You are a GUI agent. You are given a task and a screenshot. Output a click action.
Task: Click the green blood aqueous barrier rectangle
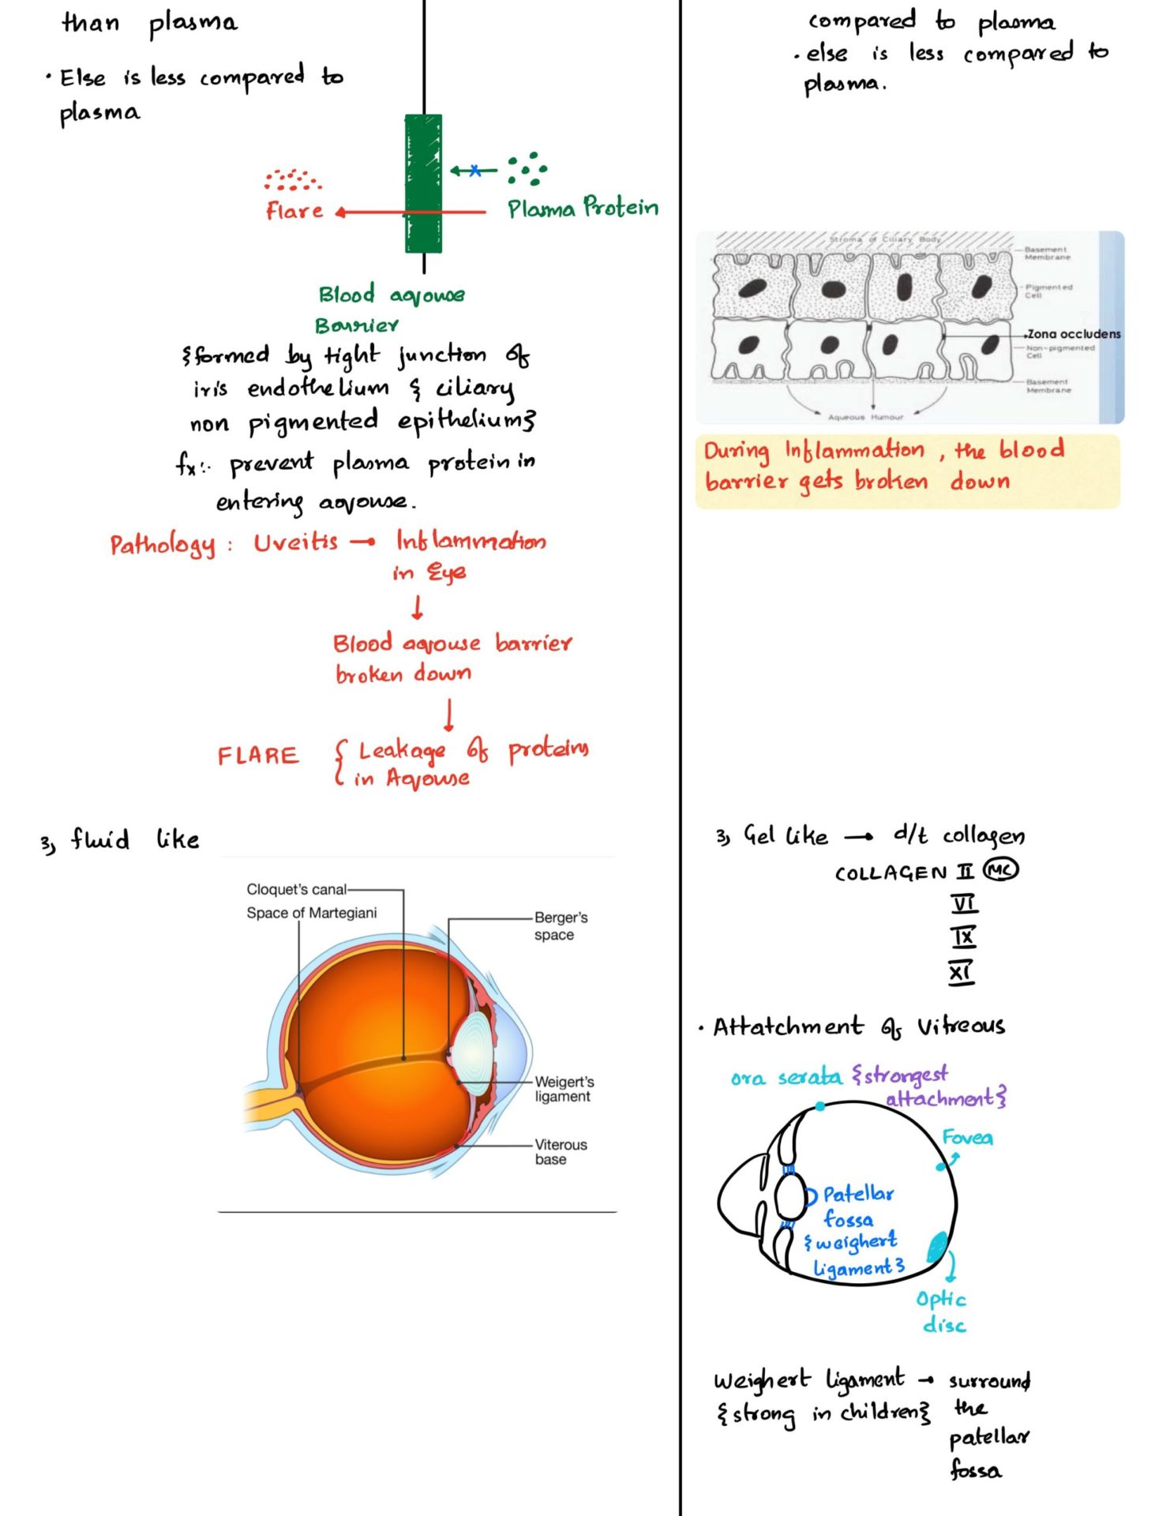pyautogui.click(x=423, y=183)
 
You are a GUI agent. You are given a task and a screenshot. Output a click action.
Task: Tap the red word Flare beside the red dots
pyautogui.click(x=294, y=211)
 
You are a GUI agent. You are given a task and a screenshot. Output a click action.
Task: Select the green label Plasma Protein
pyautogui.click(x=582, y=208)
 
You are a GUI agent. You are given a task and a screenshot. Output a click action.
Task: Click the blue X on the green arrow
pyautogui.click(x=474, y=170)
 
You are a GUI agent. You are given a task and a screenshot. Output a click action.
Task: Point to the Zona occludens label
pyautogui.click(x=1074, y=334)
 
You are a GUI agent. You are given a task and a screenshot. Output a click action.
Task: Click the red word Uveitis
pyautogui.click(x=295, y=542)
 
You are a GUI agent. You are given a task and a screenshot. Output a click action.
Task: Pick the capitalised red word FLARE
pyautogui.click(x=258, y=756)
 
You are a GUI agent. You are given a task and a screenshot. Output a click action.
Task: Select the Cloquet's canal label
pyautogui.click(x=296, y=889)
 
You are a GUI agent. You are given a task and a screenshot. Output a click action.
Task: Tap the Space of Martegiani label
pyautogui.click(x=311, y=913)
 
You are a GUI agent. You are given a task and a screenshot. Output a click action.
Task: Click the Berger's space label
pyautogui.click(x=560, y=925)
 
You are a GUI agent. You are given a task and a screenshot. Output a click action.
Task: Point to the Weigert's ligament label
pyautogui.click(x=564, y=1089)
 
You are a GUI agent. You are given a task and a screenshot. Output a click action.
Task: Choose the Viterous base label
pyautogui.click(x=561, y=1151)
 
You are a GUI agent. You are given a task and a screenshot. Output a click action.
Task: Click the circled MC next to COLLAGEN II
pyautogui.click(x=1000, y=870)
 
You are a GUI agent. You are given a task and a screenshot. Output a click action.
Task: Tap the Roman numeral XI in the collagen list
pyautogui.click(x=961, y=972)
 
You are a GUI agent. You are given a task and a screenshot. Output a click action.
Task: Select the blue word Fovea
pyautogui.click(x=967, y=1138)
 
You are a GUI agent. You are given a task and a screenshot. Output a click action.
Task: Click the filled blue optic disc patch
pyautogui.click(x=937, y=1247)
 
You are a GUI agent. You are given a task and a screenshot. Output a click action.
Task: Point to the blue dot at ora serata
pyautogui.click(x=821, y=1107)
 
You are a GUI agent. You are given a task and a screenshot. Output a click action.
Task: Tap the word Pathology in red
pyautogui.click(x=162, y=545)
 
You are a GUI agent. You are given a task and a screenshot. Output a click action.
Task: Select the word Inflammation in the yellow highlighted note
pyautogui.click(x=853, y=450)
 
